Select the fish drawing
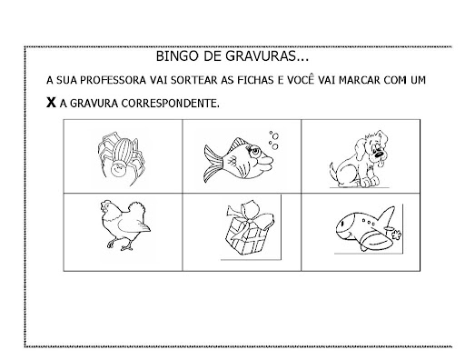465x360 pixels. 239,160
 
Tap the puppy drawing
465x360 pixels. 360,159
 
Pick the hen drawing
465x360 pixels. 125,225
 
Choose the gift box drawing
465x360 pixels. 250,228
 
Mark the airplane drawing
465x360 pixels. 368,229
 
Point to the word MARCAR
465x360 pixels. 360,80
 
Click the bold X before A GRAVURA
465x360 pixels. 51,103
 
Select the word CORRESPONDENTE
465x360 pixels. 170,104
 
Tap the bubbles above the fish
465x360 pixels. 274,140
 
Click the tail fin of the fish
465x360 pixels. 213,164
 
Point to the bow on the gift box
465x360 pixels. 250,215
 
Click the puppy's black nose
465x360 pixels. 379,155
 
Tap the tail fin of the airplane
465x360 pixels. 388,215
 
